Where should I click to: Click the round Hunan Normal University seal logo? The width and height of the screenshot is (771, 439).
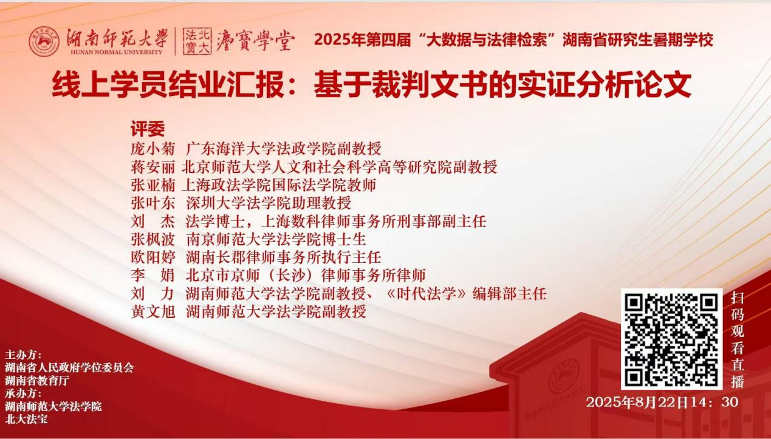point(44,41)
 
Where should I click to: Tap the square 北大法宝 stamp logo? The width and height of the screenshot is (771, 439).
point(197,41)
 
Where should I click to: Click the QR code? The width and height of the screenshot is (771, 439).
point(671,339)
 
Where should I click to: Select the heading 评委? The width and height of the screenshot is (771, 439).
point(148,129)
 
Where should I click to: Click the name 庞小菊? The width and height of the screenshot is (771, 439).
point(153,149)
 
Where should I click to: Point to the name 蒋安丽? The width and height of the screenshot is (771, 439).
point(153,167)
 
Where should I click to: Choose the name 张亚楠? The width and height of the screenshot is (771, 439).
point(153,185)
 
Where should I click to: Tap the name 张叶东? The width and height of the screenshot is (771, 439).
point(153,203)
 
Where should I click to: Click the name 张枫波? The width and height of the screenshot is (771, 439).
point(153,239)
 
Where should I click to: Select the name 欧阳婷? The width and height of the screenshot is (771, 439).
point(153,257)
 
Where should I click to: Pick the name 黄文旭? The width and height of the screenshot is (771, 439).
point(153,311)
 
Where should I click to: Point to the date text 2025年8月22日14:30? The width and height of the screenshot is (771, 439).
point(662,402)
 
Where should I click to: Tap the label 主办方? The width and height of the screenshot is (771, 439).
point(22,355)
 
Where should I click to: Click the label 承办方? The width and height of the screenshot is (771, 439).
point(22,393)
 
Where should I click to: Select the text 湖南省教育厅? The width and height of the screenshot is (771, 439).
point(37,381)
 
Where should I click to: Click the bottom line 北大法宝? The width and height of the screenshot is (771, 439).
point(26,419)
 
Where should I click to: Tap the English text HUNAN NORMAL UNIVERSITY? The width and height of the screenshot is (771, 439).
point(116,52)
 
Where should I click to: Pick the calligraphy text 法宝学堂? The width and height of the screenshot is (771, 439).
point(255,41)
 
